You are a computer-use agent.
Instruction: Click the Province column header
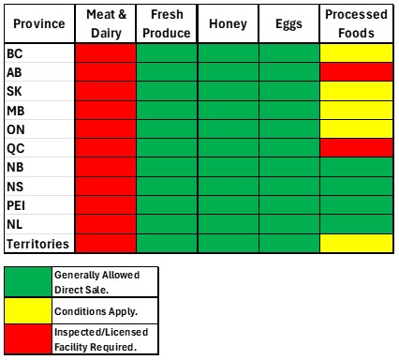(39, 23)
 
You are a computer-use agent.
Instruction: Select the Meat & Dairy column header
(106, 23)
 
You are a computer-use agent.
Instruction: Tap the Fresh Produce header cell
(167, 23)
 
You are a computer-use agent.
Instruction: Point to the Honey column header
(229, 23)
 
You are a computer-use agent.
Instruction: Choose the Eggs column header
(289, 23)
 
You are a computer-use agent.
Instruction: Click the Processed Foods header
(356, 23)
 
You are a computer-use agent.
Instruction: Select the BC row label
(15, 53)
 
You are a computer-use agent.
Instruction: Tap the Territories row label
(37, 244)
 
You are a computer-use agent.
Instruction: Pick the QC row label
(16, 148)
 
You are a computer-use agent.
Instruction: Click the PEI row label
(16, 205)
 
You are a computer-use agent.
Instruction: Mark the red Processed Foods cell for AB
(356, 72)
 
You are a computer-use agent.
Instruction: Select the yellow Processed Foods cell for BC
(356, 53)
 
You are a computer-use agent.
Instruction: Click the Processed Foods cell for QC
(356, 148)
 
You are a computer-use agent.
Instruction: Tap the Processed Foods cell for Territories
(356, 243)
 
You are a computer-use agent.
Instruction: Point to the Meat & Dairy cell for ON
(106, 129)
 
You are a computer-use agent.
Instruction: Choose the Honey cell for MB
(229, 110)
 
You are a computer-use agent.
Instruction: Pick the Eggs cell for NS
(289, 187)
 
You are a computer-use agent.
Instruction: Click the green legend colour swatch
(28, 282)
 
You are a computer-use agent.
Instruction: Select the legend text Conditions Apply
(96, 311)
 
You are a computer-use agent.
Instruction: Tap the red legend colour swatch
(28, 339)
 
